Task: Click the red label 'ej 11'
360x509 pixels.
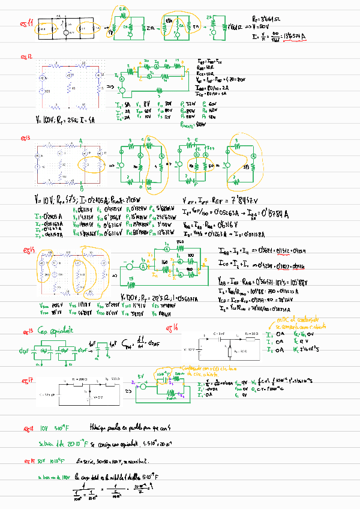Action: [x=26, y=25]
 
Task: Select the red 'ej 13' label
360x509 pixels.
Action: [x=26, y=137]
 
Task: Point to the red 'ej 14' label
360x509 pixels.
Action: [x=27, y=250]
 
